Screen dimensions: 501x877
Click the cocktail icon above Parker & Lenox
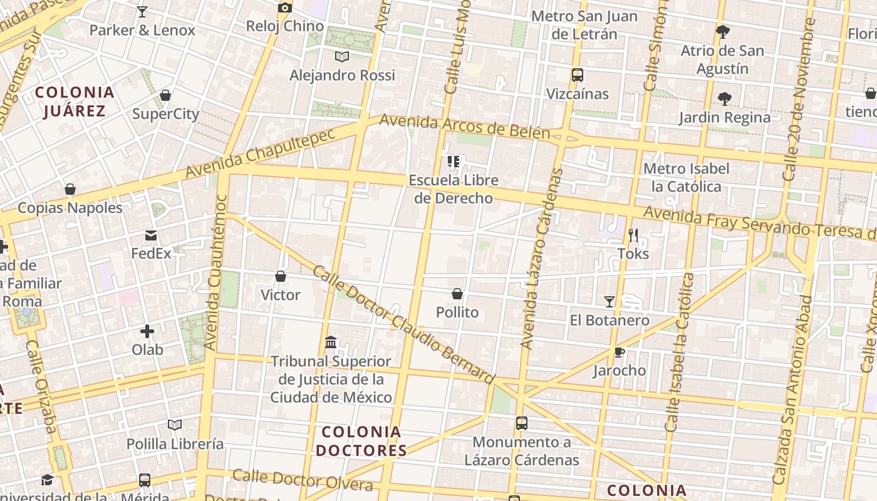click(142, 11)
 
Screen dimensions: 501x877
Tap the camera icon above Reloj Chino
click(285, 8)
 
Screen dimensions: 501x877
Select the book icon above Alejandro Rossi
click(341, 57)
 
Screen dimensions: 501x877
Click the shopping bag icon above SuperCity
click(165, 95)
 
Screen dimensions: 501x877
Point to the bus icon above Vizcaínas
click(578, 75)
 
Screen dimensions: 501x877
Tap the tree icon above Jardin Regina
click(725, 98)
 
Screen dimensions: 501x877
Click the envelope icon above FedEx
click(151, 235)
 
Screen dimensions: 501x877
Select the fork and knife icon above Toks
click(633, 235)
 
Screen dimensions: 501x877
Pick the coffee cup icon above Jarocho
click(620, 352)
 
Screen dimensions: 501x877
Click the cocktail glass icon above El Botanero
click(610, 302)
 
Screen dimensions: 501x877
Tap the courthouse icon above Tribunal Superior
click(331, 343)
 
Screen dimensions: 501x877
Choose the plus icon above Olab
click(147, 331)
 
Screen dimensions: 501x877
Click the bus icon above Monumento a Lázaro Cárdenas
click(522, 423)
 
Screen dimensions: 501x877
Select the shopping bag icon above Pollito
click(457, 294)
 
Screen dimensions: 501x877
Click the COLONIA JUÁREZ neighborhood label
click(75, 102)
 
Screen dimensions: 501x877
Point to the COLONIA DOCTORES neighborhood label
click(361, 441)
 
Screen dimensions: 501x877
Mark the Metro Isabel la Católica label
click(687, 177)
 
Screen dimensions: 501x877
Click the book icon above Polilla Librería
click(175, 425)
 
